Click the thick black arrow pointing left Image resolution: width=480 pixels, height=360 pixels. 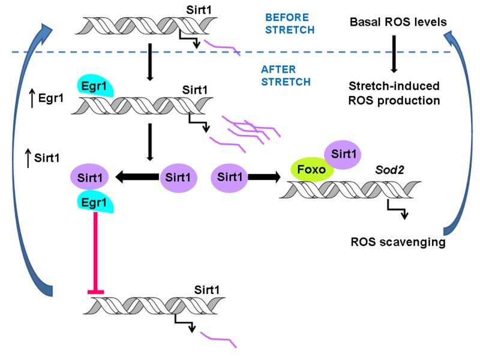click(137, 177)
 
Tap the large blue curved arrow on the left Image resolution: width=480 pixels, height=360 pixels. click(27, 150)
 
